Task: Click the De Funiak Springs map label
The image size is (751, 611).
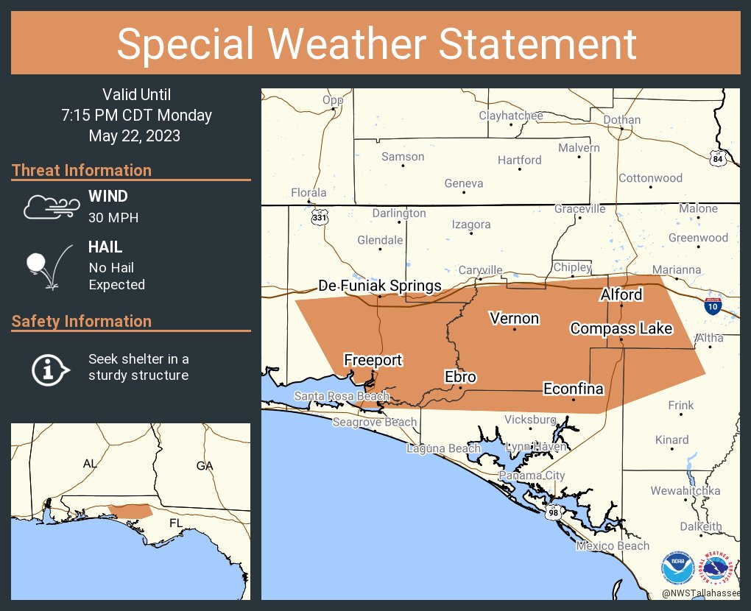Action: (379, 286)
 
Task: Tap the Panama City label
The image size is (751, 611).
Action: (532, 476)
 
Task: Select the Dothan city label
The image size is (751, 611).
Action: (621, 120)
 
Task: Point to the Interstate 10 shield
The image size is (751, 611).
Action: (712, 305)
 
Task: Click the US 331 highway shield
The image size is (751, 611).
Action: (319, 217)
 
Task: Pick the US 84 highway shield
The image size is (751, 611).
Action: (717, 158)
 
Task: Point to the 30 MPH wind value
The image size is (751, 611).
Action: (113, 217)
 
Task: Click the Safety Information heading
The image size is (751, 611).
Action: (82, 321)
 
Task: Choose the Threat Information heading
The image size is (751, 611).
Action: (82, 170)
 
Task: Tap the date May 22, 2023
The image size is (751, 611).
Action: (134, 135)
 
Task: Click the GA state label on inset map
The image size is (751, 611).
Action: (205, 465)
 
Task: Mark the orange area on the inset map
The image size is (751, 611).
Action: (130, 510)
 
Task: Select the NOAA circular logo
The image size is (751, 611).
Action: (676, 568)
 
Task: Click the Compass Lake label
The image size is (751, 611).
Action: (621, 328)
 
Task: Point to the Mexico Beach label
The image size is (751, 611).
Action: (613, 545)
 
